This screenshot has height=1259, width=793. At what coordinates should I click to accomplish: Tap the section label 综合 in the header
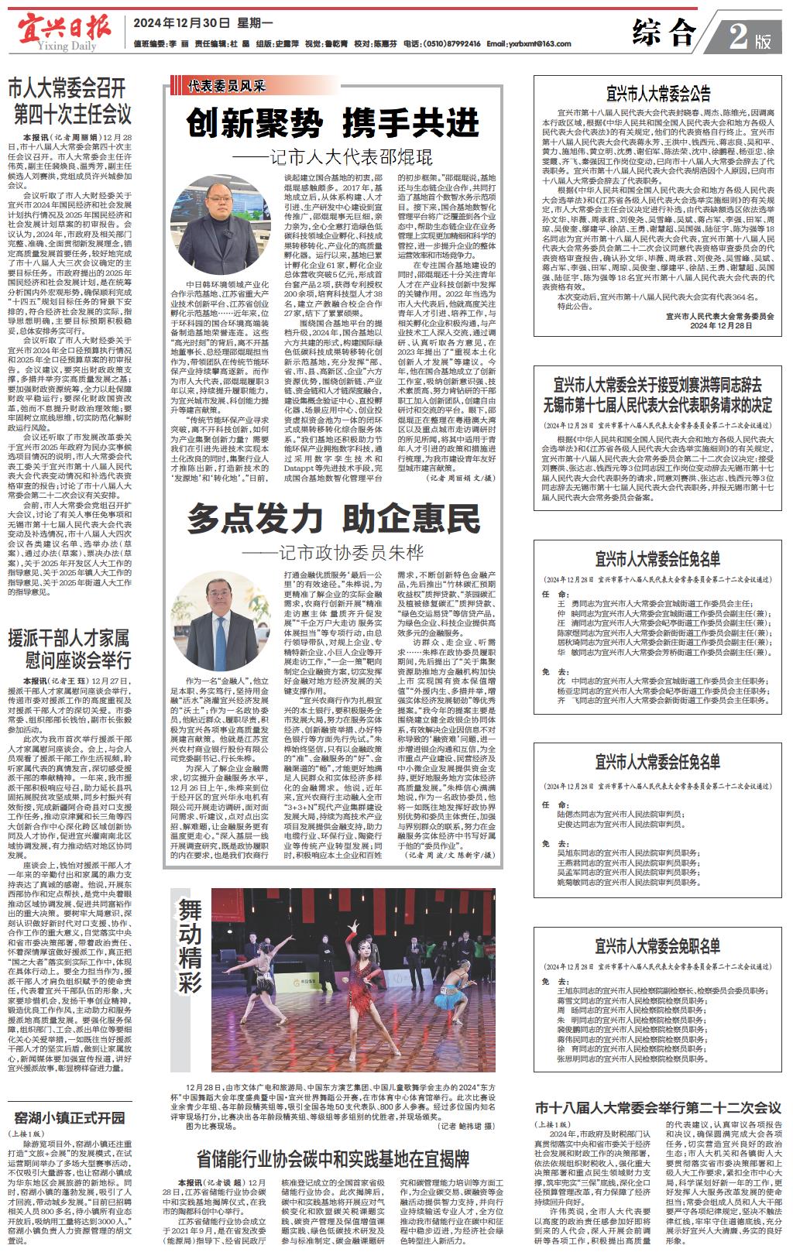(x=664, y=33)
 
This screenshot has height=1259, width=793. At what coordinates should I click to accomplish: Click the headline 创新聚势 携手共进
(x=332, y=123)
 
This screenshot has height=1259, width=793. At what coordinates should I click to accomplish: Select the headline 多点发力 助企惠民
(x=332, y=518)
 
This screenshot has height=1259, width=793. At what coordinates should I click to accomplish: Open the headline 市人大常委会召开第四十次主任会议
(x=70, y=101)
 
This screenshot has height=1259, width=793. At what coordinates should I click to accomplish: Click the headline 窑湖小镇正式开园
(x=70, y=1117)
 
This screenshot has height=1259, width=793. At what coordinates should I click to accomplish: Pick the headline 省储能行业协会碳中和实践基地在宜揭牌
(x=333, y=1159)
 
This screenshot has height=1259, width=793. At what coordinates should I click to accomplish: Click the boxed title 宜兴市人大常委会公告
(x=658, y=95)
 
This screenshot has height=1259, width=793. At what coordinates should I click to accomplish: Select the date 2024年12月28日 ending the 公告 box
(x=721, y=326)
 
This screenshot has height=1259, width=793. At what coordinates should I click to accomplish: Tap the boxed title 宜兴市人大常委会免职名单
(x=658, y=946)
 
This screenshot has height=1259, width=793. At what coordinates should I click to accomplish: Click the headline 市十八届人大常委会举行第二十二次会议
(x=658, y=1107)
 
